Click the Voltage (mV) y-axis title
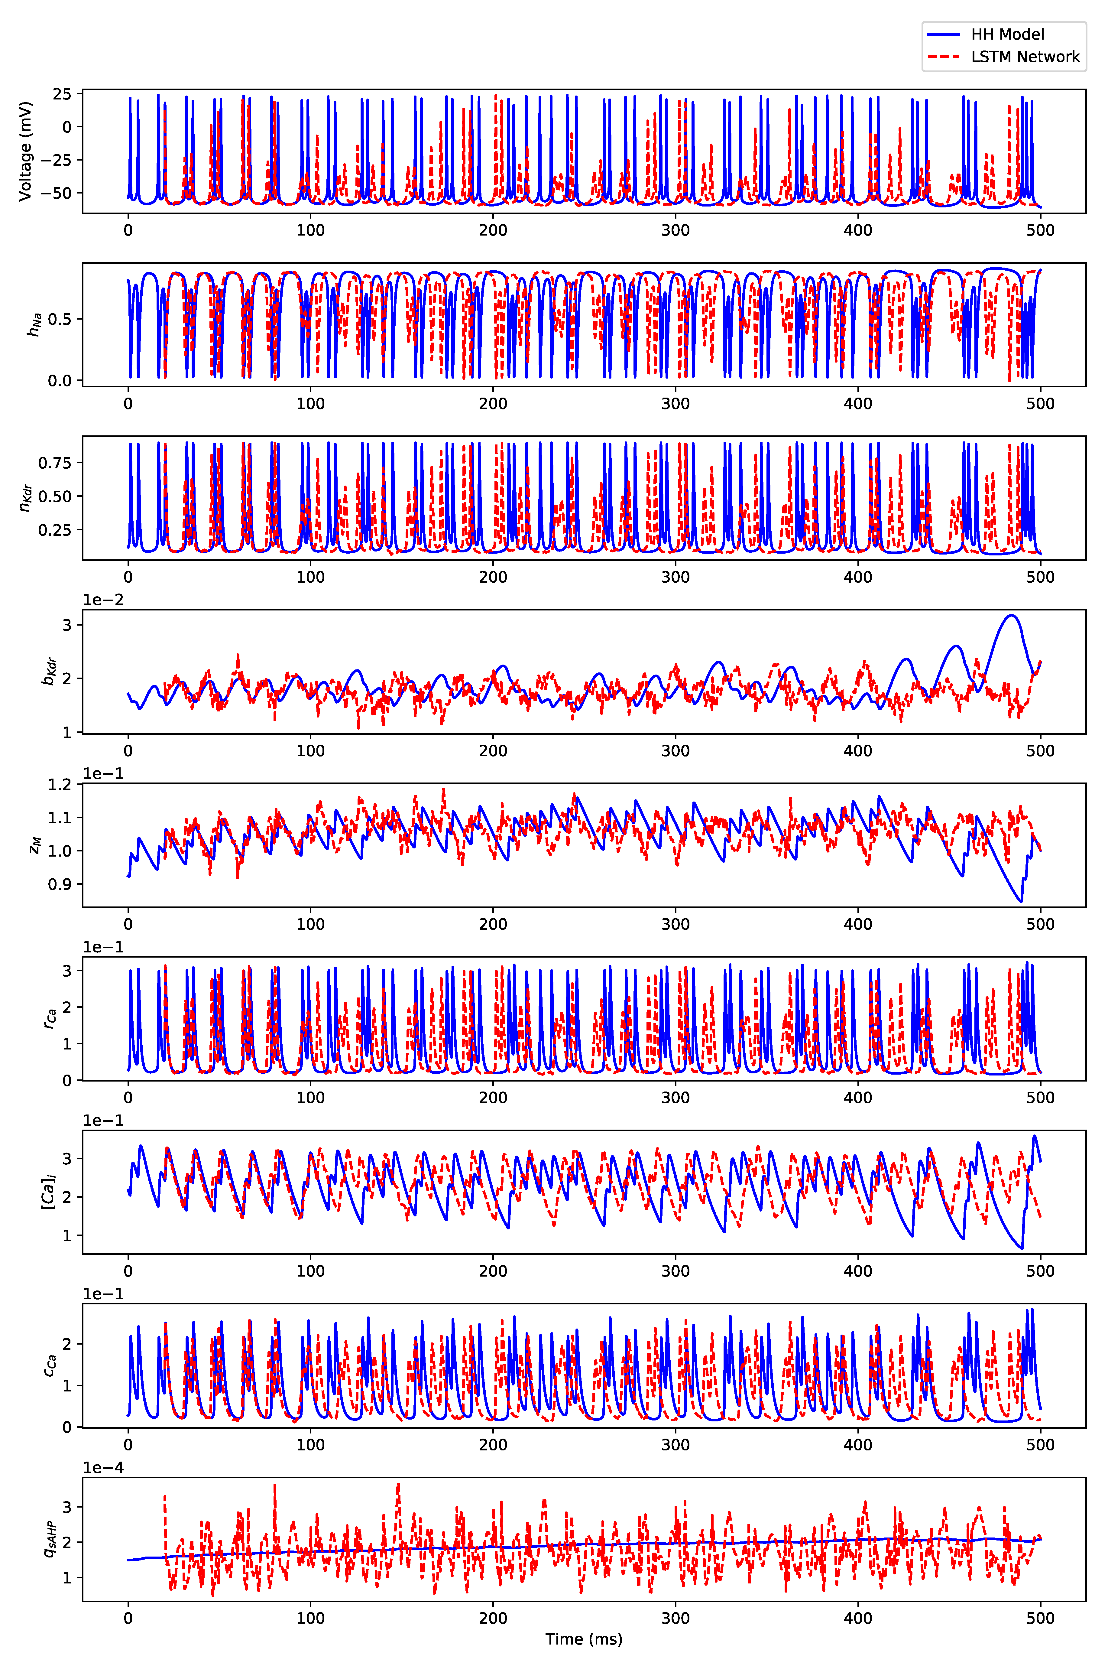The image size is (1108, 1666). coord(25,151)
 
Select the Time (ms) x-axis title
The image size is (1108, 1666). coord(584,1638)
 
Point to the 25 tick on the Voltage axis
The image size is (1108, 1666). coord(62,94)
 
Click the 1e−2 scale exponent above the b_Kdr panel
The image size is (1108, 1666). coord(103,600)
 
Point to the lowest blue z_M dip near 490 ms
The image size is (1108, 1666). coord(1020,901)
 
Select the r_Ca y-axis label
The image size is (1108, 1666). coord(50,1018)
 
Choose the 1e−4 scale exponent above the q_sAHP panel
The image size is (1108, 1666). coord(103,1467)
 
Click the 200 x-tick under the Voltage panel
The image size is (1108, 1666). coord(493,230)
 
